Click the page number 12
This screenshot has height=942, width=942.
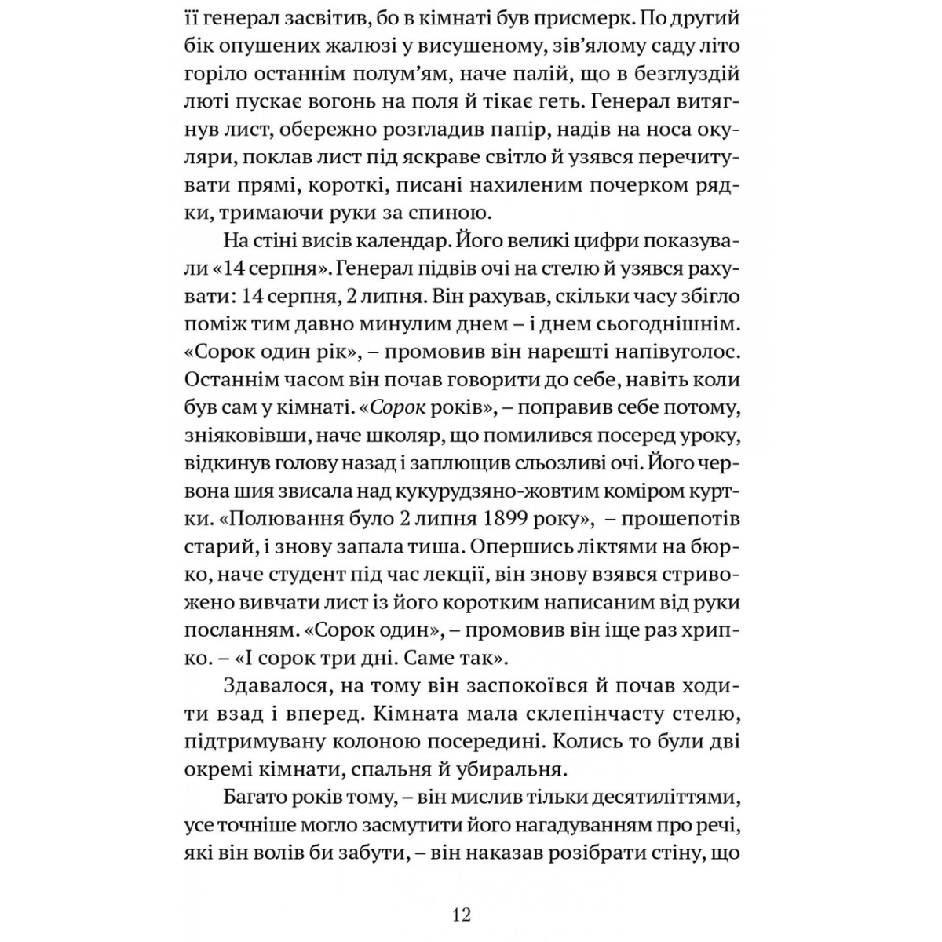(462, 915)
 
